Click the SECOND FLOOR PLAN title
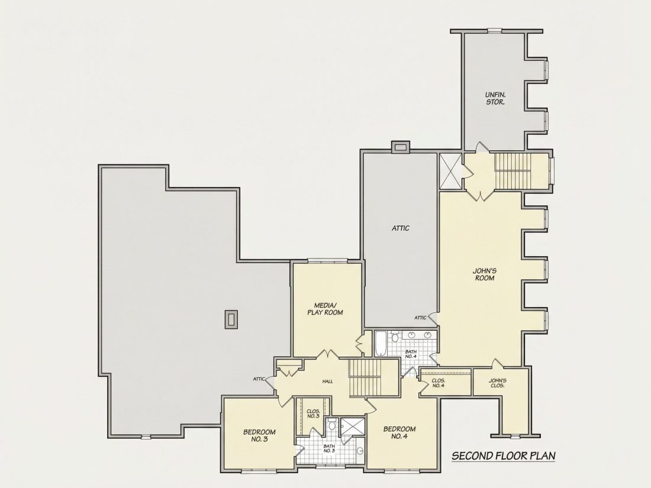[x=503, y=456]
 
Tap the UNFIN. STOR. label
[x=495, y=98]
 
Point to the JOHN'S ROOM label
[x=485, y=274]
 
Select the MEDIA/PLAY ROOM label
[x=325, y=309]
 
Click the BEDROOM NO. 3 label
[x=259, y=435]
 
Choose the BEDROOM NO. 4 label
[x=399, y=432]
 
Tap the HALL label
[x=328, y=382]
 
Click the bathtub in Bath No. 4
[x=381, y=344]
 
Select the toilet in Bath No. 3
[x=332, y=425]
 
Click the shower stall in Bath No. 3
[x=352, y=426]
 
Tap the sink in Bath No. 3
[x=360, y=451]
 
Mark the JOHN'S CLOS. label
[x=497, y=383]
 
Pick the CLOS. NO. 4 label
[x=439, y=383]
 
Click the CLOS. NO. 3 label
[x=313, y=413]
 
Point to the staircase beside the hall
[x=365, y=378]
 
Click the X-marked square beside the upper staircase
[x=450, y=172]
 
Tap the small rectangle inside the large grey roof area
[x=231, y=319]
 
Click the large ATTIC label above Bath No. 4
[x=400, y=228]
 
